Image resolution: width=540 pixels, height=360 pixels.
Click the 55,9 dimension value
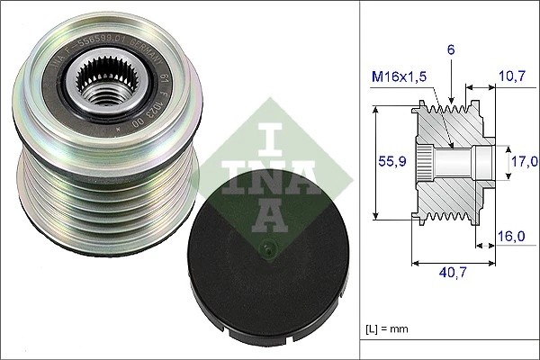click(384, 162)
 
